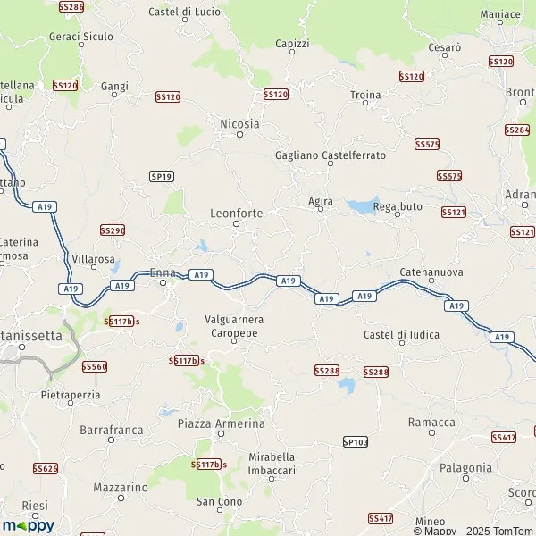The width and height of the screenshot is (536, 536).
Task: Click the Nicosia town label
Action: [x=239, y=124]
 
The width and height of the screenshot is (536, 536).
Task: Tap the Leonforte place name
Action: [x=236, y=214]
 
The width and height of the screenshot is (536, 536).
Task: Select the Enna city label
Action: [x=163, y=272]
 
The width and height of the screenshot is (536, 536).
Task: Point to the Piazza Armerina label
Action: [x=222, y=423]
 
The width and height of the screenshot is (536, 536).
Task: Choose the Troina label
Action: [x=365, y=95]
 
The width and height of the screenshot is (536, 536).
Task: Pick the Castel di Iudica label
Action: [x=401, y=334]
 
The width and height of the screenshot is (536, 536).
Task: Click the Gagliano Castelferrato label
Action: [x=331, y=155]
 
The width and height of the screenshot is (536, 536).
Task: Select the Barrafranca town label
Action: [x=112, y=430]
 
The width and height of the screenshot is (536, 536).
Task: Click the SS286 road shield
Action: [x=71, y=7]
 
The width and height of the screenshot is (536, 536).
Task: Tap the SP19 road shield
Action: [x=162, y=177]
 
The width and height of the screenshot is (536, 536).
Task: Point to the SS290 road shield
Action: [x=113, y=230]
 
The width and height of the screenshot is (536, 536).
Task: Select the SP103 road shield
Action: [x=355, y=441]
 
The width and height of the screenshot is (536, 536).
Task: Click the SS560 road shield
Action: [x=94, y=366]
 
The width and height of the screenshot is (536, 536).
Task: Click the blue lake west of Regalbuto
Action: [x=363, y=205]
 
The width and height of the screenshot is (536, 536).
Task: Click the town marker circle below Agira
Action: [x=320, y=211]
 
